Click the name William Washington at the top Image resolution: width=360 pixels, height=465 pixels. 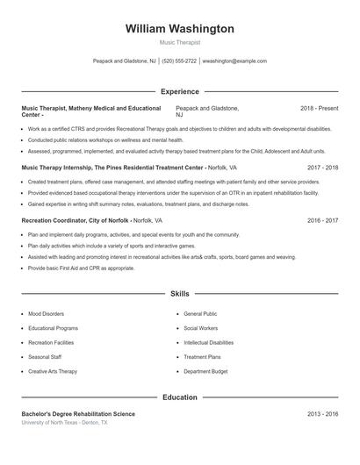[x=180, y=29]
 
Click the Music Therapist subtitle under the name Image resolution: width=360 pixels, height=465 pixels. [x=180, y=42]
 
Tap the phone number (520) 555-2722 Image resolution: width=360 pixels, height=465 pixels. [x=179, y=61]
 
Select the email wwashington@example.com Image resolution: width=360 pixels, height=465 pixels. [x=234, y=61]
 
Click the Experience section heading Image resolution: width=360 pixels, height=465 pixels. [x=180, y=91]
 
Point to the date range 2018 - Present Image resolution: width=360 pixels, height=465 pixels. [x=319, y=108]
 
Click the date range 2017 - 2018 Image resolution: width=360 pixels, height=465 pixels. [x=322, y=166]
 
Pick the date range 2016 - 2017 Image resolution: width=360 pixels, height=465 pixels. [x=322, y=220]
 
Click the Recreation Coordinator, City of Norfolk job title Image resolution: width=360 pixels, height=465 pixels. [x=76, y=220]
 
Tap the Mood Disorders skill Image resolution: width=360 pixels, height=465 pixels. [x=47, y=313]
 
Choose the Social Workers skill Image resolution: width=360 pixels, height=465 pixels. [x=201, y=328]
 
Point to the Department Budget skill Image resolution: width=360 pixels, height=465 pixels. [x=206, y=371]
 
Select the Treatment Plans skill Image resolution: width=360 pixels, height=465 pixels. [x=202, y=357]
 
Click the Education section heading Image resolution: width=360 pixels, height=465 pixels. [x=180, y=397]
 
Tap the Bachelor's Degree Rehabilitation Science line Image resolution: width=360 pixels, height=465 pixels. [x=78, y=413]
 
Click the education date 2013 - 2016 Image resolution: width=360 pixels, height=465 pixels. [x=322, y=413]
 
